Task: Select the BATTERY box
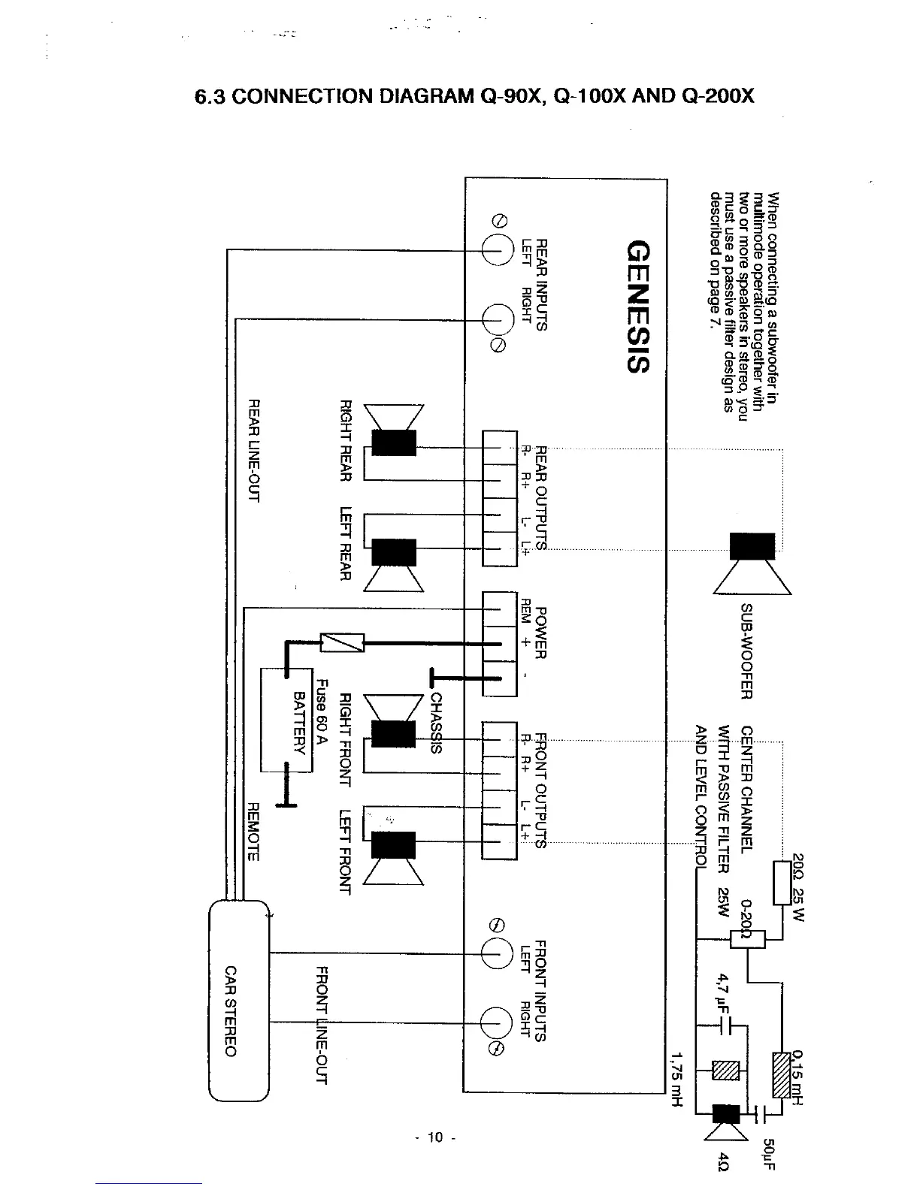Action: pyautogui.click(x=286, y=720)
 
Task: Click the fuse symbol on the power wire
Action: pyautogui.click(x=343, y=642)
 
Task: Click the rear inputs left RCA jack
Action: pyautogui.click(x=498, y=249)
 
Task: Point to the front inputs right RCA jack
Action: pyautogui.click(x=498, y=1023)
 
